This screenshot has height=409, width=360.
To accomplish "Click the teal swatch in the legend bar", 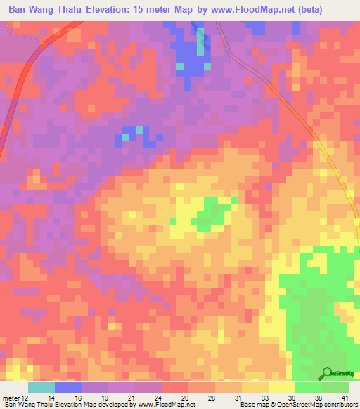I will point(41,388).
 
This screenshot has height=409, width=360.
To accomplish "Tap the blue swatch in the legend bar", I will point(68,388).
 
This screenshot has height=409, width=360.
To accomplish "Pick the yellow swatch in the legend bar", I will point(282,388).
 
